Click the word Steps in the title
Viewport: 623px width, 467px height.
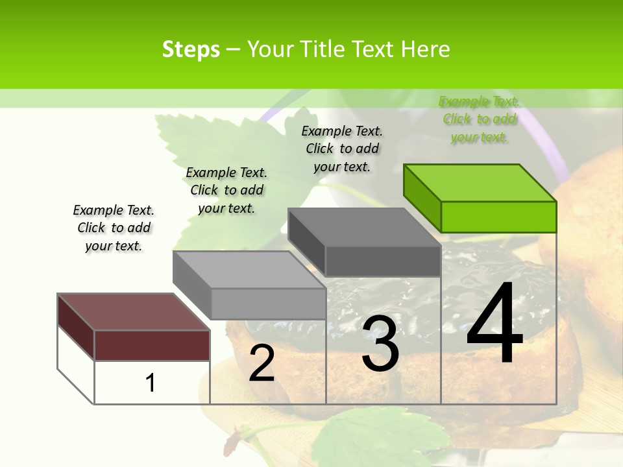point(191,49)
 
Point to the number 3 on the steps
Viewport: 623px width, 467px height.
point(380,344)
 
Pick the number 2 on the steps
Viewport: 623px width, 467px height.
point(262,363)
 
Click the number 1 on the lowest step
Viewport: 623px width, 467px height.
point(151,383)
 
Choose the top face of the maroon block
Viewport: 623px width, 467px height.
point(134,312)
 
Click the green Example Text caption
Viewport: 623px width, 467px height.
point(479,119)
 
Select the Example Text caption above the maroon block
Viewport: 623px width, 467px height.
point(114,228)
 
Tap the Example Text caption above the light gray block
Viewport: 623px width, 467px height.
point(226,190)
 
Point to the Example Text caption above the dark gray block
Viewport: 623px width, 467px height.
point(342,149)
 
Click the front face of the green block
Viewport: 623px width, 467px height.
point(498,217)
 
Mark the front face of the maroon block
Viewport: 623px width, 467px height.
point(152,345)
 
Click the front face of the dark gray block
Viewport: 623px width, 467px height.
point(383,261)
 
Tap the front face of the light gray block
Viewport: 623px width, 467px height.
point(268,304)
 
